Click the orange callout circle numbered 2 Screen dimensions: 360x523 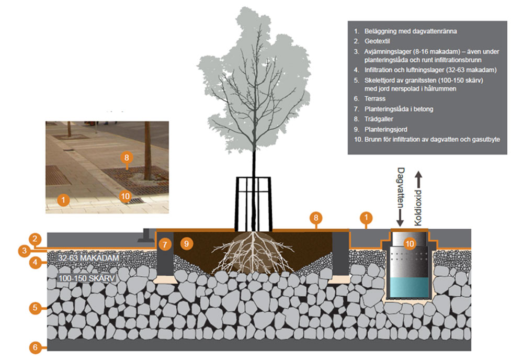pyautogui.click(x=35, y=239)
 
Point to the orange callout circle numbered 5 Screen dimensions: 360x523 pyautogui.click(x=35, y=308)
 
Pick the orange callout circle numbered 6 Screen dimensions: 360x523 pyautogui.click(x=35, y=346)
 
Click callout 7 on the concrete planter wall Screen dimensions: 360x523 pyautogui.click(x=165, y=244)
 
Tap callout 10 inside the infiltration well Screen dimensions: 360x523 pyautogui.click(x=410, y=243)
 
